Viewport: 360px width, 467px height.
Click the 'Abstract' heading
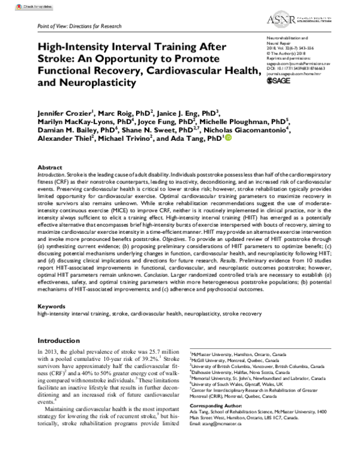[x=51, y=167]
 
